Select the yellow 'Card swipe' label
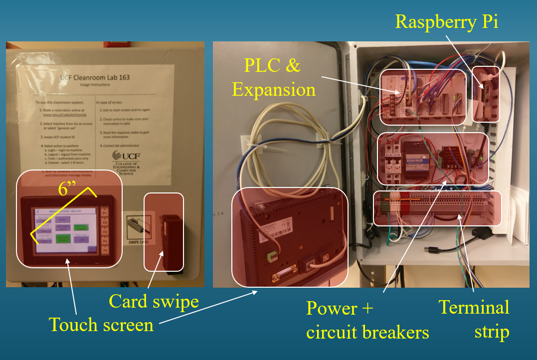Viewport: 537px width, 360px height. coord(154,301)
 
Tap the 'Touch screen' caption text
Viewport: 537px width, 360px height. coord(101,325)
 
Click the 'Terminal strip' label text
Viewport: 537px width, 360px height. coord(474,319)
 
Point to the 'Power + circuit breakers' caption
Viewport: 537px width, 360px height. coord(367,320)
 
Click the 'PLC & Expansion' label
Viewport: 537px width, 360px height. coord(274,77)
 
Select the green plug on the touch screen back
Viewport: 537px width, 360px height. coord(272,257)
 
